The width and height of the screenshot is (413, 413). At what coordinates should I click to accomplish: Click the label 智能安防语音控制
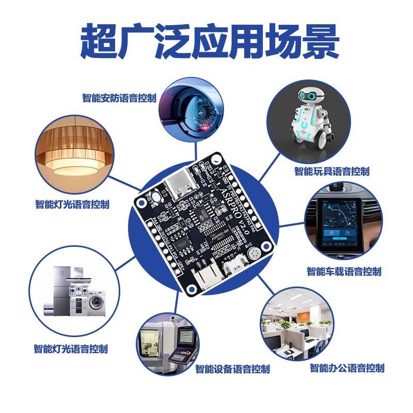coord(119,98)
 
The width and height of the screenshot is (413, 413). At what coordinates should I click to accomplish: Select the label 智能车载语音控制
coord(344,271)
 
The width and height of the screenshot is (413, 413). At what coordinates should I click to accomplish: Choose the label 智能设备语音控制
coord(232,369)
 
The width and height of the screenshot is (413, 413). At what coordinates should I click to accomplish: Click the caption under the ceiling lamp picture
coord(72,204)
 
